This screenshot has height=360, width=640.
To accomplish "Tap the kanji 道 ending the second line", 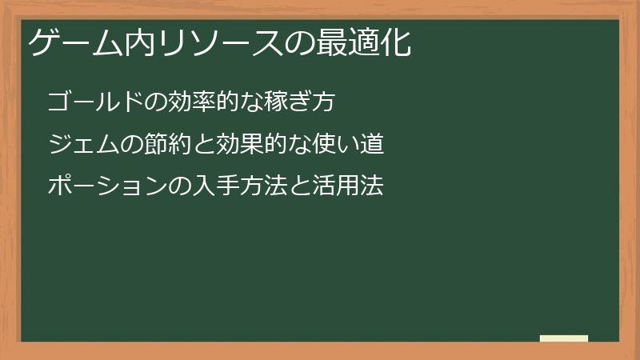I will coord(371,145).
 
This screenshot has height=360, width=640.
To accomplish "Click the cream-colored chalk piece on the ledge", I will coord(563,338).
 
